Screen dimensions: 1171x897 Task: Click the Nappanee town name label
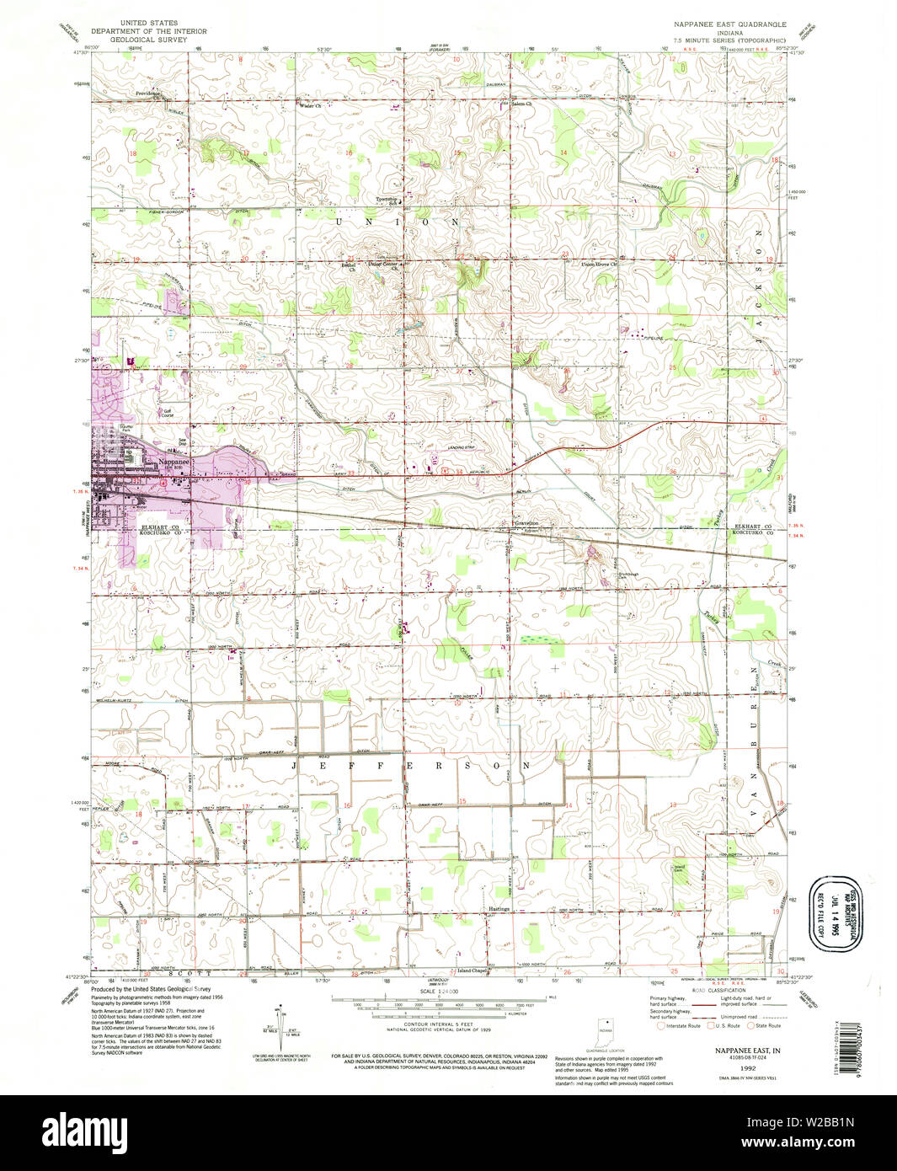click(x=174, y=461)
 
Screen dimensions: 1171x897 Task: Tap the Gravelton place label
click(x=526, y=523)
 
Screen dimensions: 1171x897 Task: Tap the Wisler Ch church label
click(x=310, y=106)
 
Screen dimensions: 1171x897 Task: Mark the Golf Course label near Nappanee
click(x=167, y=414)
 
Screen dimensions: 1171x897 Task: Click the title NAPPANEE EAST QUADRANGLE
click(x=729, y=25)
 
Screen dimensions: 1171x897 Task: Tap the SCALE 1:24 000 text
click(x=439, y=992)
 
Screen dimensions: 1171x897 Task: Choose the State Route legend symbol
click(x=750, y=1025)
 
